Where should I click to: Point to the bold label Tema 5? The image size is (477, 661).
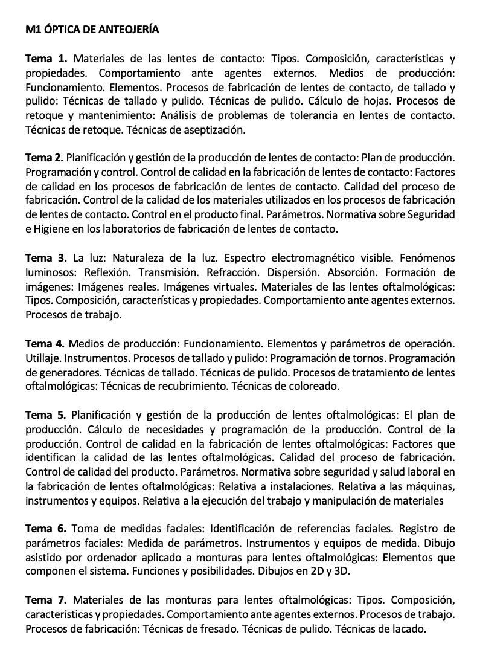45,415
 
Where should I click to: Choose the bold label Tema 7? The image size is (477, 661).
46,600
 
